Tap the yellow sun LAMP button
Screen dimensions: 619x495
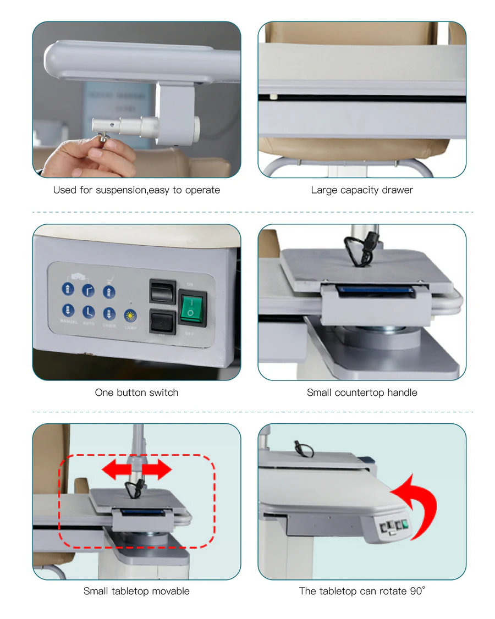tap(130, 316)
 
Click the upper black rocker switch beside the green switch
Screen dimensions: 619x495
tap(162, 292)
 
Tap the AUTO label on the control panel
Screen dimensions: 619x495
tap(89, 324)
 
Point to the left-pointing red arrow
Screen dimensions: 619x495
tap(117, 471)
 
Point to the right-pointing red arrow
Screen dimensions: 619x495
tap(157, 471)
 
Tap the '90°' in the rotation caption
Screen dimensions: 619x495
tap(417, 591)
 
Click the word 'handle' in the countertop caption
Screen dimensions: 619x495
tap(402, 393)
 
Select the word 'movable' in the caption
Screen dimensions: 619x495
tap(170, 591)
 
